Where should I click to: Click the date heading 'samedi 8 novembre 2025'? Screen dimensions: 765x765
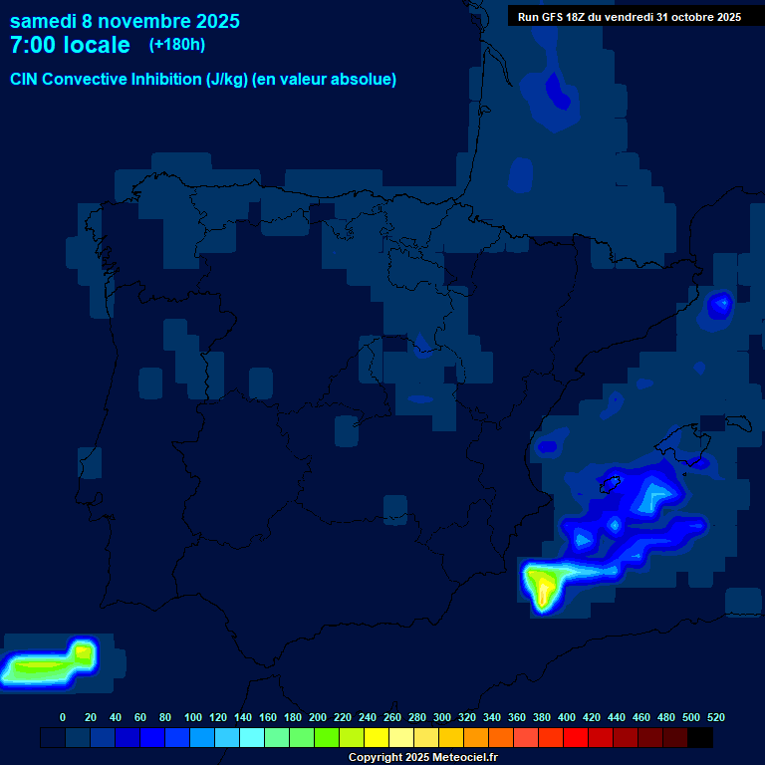(x=125, y=21)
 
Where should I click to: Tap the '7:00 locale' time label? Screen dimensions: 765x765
(x=70, y=45)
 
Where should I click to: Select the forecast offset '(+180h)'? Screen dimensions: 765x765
(x=176, y=45)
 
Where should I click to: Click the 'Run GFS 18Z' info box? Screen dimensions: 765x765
(x=629, y=16)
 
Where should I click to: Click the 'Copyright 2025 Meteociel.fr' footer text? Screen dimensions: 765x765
(x=422, y=757)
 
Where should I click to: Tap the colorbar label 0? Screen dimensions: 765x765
(x=63, y=717)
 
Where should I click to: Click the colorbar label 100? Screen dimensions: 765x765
(x=193, y=717)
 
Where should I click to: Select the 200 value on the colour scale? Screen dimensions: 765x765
(x=318, y=717)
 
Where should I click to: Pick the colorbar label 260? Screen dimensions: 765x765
(x=392, y=717)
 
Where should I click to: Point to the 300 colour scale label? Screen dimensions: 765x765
(x=442, y=717)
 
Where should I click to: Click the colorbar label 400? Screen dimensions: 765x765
(x=567, y=717)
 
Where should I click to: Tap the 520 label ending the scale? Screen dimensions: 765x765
(x=715, y=717)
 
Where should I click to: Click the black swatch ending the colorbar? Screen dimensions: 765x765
(x=700, y=737)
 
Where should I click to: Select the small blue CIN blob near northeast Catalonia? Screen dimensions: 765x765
(x=718, y=305)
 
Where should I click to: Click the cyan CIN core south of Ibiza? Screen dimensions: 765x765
(x=656, y=495)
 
